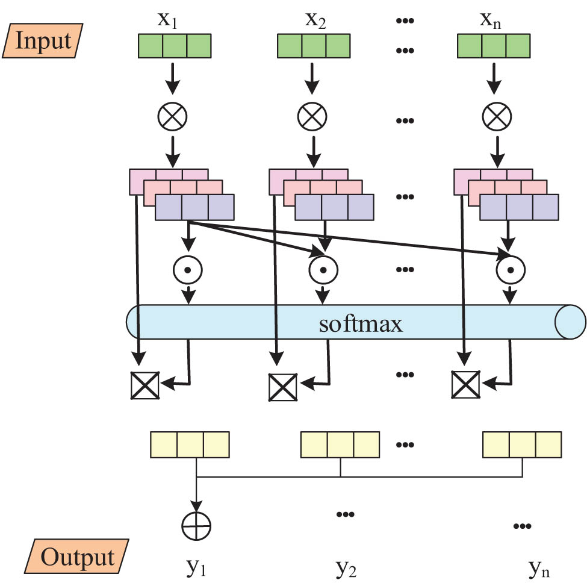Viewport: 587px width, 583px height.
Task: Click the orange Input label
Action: coord(43,41)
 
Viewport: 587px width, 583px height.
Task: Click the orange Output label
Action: coord(76,557)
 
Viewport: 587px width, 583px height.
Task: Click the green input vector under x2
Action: coord(314,46)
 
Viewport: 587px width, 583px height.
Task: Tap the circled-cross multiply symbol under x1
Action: coord(173,116)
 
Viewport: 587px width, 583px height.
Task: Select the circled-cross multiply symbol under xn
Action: coord(495,116)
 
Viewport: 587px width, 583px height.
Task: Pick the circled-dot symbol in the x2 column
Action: coord(324,270)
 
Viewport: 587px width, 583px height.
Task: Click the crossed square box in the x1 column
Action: coord(144,386)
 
